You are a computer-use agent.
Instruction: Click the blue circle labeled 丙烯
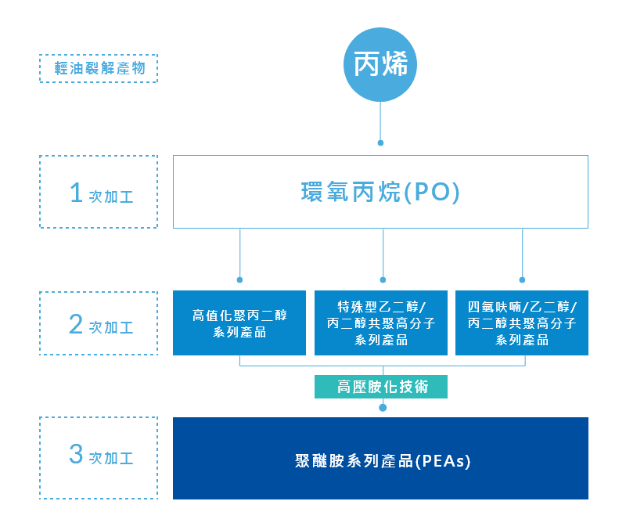tap(380, 66)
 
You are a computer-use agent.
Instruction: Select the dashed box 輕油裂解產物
tap(99, 68)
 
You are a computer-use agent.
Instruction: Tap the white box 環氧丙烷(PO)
tap(380, 192)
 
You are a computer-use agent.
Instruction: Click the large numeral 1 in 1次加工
tap(76, 193)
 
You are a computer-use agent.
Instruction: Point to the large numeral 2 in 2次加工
tap(76, 324)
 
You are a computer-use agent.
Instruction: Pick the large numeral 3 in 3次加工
tap(76, 454)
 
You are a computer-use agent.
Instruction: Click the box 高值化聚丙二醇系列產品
tap(239, 323)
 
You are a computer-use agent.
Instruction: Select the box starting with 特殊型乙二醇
tap(381, 323)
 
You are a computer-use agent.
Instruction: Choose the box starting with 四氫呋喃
tap(522, 323)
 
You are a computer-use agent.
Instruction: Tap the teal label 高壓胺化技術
tap(382, 387)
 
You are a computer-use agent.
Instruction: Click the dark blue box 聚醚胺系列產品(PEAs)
tap(380, 459)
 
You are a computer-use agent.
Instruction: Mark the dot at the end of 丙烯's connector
tap(380, 143)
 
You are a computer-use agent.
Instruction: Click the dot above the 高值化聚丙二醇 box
tap(239, 279)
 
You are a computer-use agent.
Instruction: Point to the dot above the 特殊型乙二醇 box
tap(383, 279)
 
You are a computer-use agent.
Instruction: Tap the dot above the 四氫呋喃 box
tap(522, 279)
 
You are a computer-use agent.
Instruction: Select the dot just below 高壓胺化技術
tap(383, 407)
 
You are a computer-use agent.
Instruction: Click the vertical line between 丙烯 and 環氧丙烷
tap(380, 121)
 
